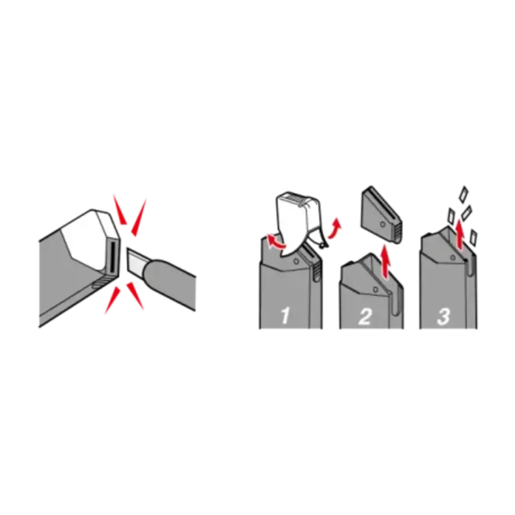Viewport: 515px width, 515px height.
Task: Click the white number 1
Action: (285, 315)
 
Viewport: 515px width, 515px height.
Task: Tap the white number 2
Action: (365, 316)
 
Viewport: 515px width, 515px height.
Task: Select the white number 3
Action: (444, 316)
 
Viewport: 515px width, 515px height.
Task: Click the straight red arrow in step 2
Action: (386, 263)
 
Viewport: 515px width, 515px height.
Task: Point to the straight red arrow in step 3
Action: (460, 235)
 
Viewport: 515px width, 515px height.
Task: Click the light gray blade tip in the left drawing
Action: (135, 262)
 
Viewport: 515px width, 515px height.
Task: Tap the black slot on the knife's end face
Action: (111, 257)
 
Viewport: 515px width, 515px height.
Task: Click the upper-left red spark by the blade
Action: (119, 209)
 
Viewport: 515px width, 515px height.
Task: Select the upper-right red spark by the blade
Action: (139, 217)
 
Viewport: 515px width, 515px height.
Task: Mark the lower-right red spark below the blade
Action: (135, 295)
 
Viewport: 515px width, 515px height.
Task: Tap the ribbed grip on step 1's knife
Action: (316, 269)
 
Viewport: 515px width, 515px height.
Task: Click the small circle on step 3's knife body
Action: (453, 258)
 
